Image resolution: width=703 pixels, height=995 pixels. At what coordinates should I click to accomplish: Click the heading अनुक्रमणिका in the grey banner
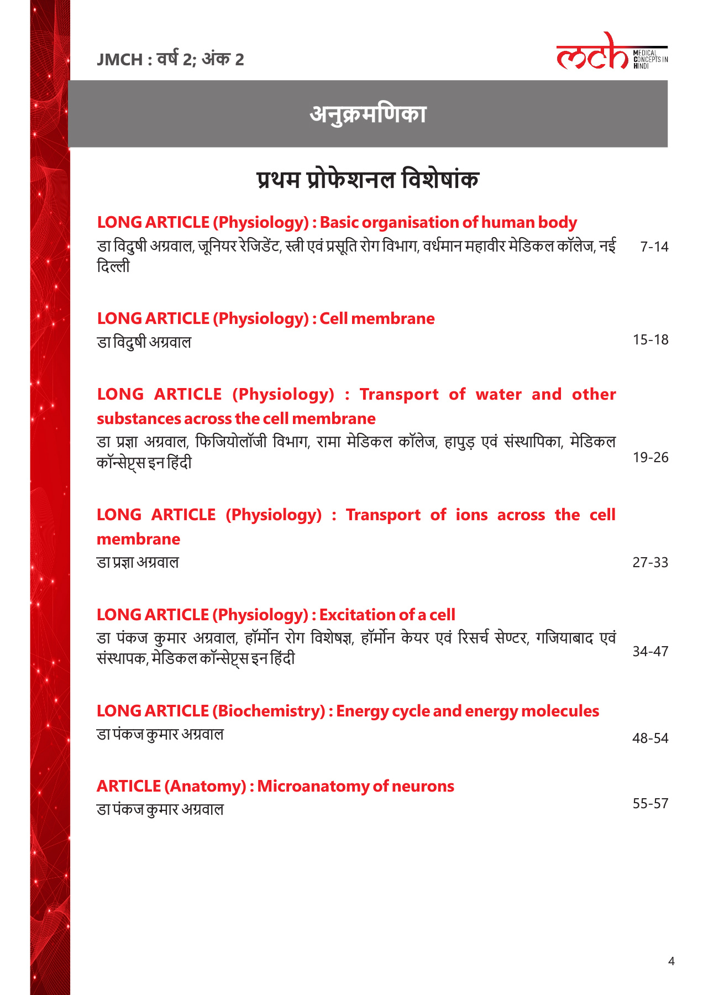pyautogui.click(x=368, y=114)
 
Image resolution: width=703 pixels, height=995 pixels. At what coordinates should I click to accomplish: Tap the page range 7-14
pyautogui.click(x=654, y=247)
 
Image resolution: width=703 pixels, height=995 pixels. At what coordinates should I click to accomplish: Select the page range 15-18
pyautogui.click(x=650, y=339)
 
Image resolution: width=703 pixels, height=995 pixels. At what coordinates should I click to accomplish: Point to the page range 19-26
pyautogui.click(x=650, y=457)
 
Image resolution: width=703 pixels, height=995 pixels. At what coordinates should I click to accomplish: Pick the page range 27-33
pyautogui.click(x=650, y=562)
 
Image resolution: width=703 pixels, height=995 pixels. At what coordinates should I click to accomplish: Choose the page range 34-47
pyautogui.click(x=650, y=651)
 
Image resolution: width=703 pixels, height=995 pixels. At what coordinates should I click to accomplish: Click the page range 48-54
pyautogui.click(x=650, y=738)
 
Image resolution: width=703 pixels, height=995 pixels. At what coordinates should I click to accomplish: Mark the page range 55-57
pyautogui.click(x=650, y=803)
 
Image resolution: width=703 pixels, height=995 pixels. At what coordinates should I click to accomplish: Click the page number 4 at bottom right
pyautogui.click(x=671, y=961)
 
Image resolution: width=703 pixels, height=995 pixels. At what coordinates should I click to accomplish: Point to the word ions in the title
pyautogui.click(x=471, y=515)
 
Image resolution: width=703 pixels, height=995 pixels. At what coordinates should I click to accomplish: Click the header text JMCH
pyautogui.click(x=119, y=59)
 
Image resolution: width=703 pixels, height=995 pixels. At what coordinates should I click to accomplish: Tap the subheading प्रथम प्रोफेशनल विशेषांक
pyautogui.click(x=368, y=180)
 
